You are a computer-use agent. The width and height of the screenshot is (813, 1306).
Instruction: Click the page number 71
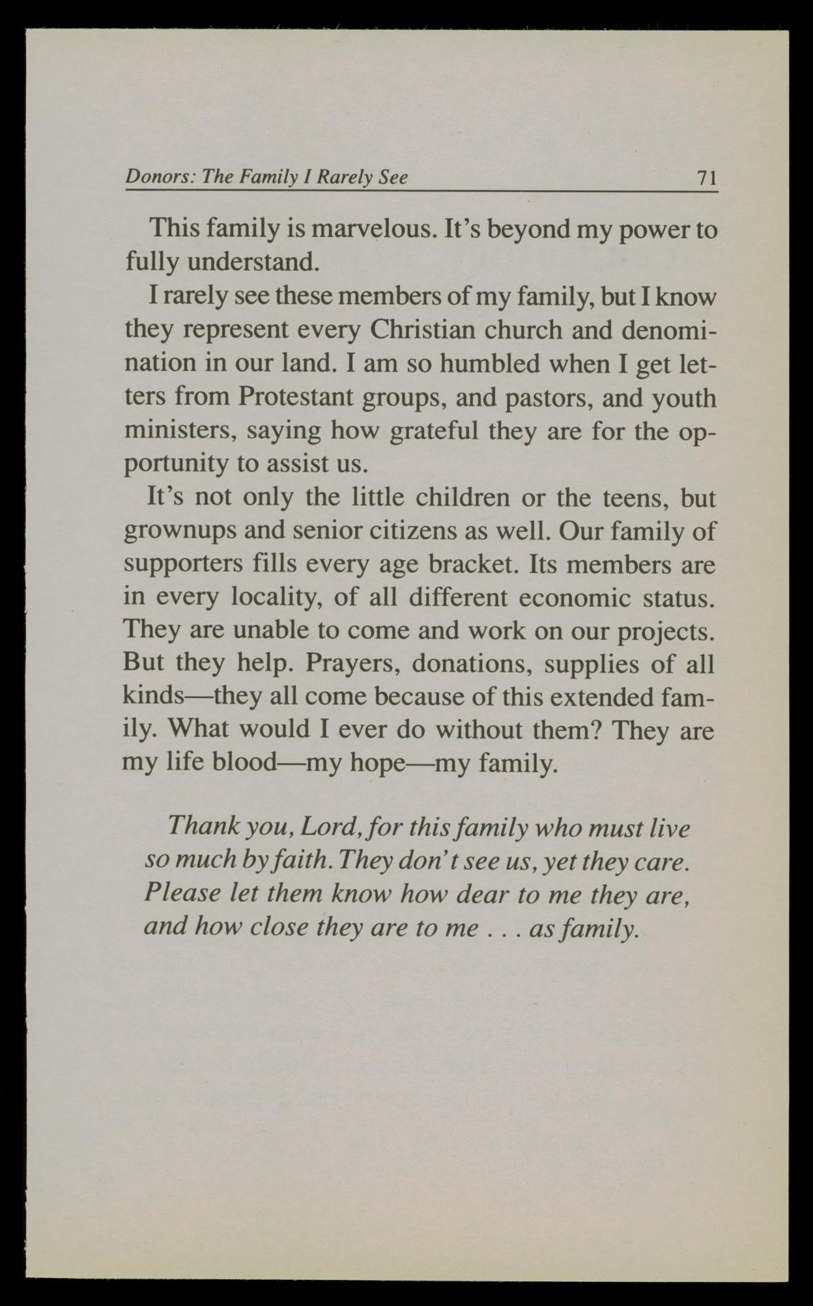pyautogui.click(x=707, y=179)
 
